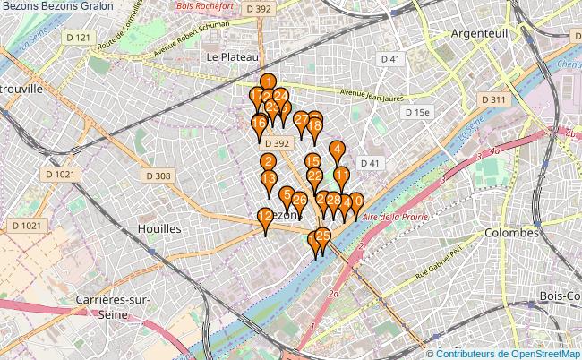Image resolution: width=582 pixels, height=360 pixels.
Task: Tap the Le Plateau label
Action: tap(227, 56)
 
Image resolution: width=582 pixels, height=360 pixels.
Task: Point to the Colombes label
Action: tap(510, 232)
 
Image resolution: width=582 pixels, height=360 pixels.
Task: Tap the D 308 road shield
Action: tap(158, 176)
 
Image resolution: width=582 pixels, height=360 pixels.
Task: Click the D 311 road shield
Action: tap(493, 99)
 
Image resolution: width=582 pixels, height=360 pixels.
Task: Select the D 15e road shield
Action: tap(416, 112)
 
